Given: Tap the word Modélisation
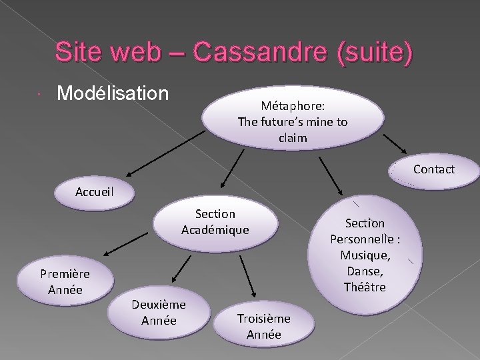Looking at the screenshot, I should point(113,93).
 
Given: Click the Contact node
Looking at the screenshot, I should point(433,169).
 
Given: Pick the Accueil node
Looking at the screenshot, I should point(95,191).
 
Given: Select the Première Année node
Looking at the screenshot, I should point(64,282).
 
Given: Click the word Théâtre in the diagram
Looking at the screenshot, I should point(365,287).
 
